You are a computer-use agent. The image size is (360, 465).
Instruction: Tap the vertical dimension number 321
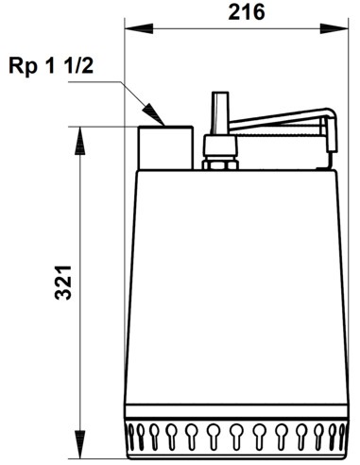[x=60, y=283]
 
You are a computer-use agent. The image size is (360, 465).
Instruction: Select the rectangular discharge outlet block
[x=167, y=146]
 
